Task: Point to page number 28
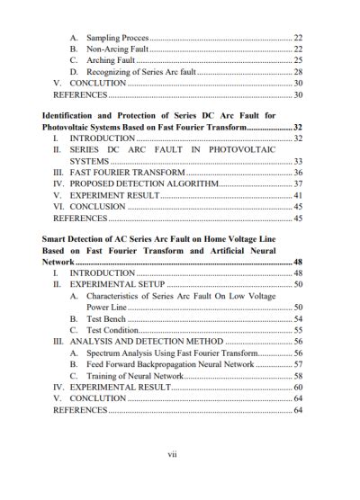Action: [298, 71]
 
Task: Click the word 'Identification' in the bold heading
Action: [71, 116]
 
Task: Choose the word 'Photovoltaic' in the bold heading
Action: [69, 128]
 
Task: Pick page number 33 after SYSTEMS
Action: [298, 161]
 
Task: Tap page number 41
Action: [298, 195]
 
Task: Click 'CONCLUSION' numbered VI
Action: [97, 206]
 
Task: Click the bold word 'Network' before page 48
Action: [63, 262]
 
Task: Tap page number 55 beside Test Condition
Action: [298, 330]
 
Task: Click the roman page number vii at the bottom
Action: [180, 454]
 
